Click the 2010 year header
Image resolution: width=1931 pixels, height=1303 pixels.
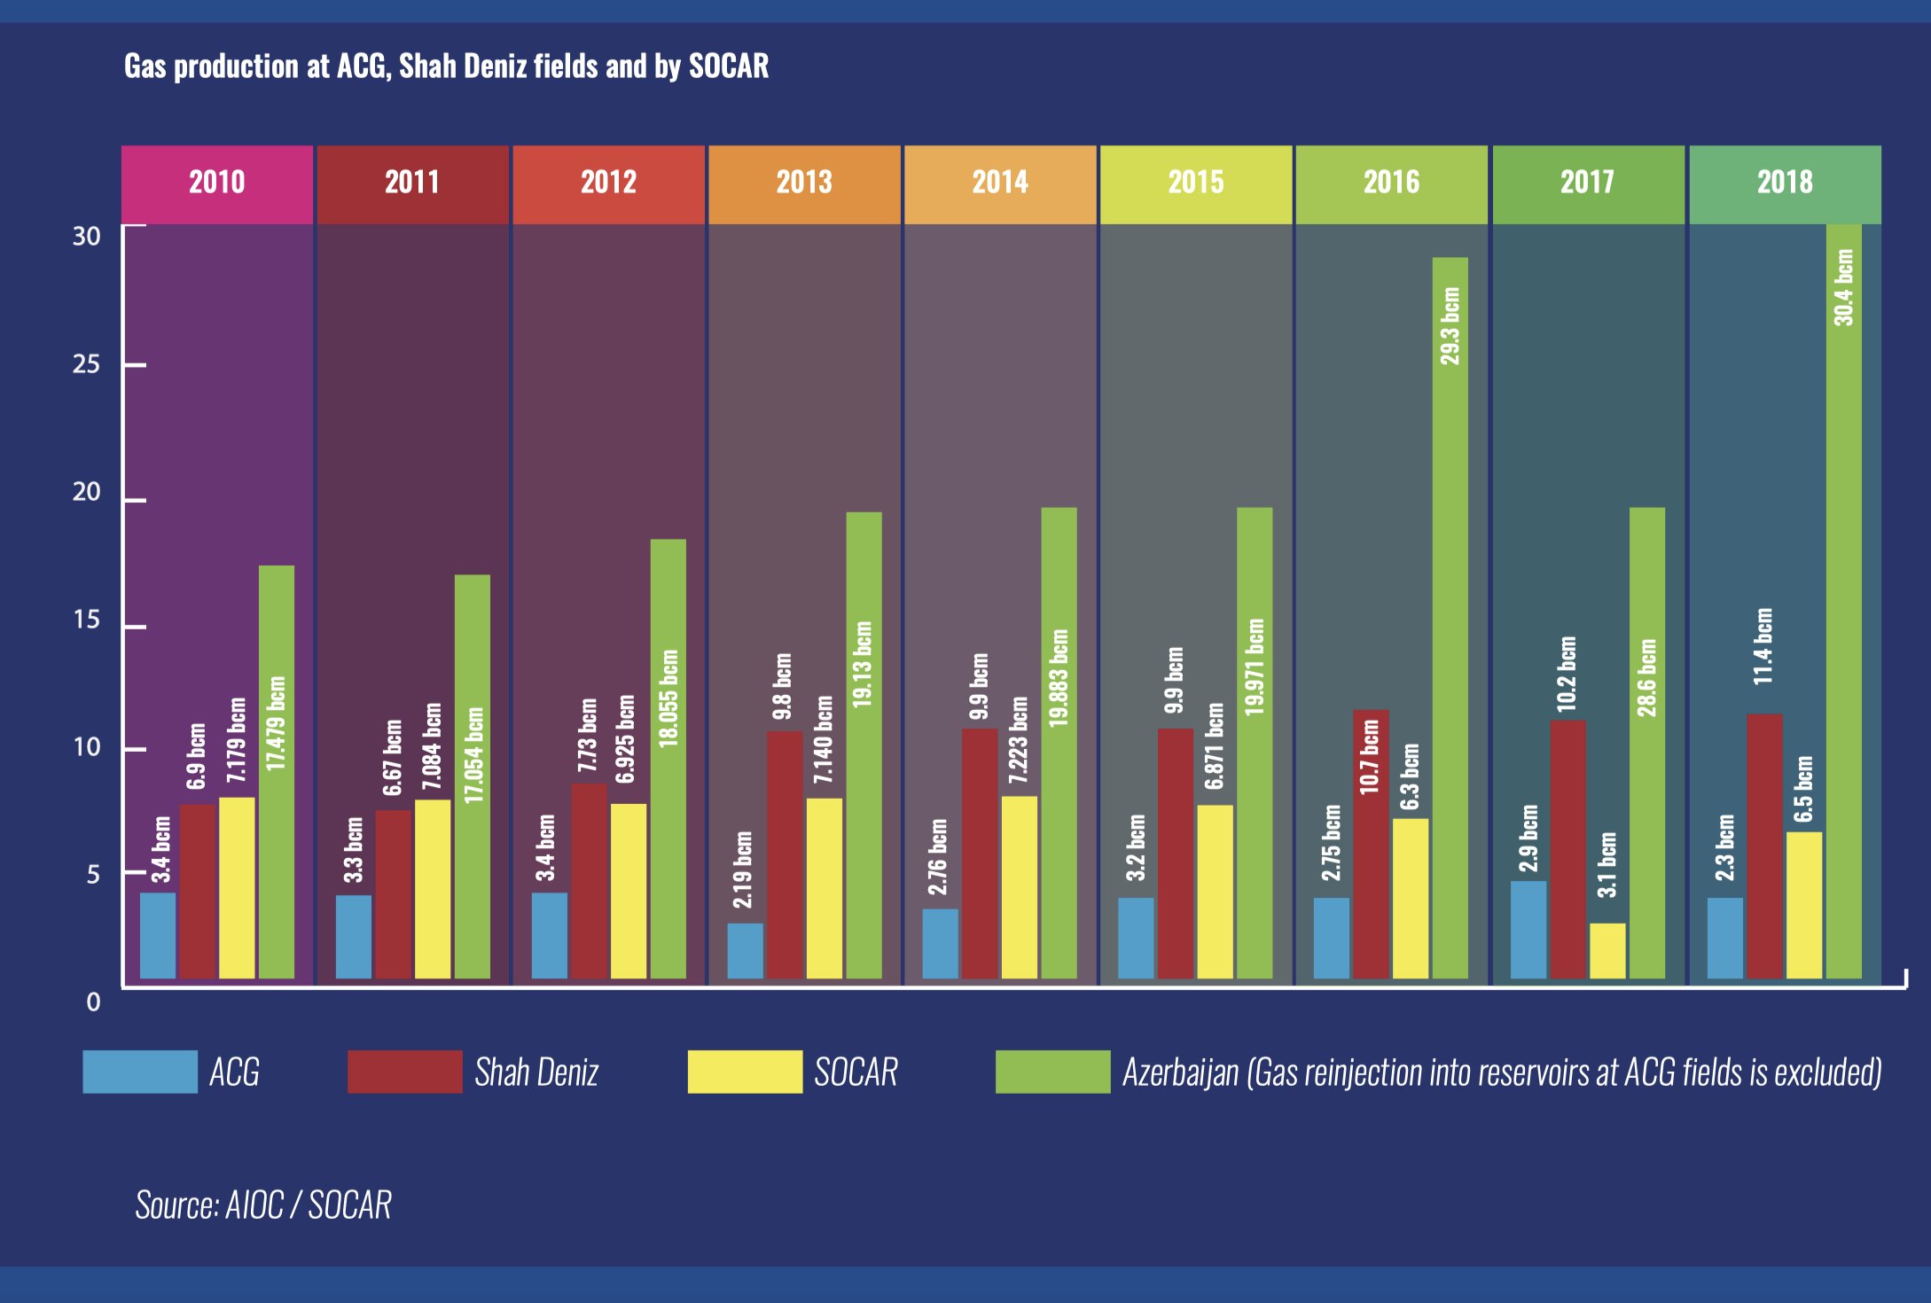coord(217,183)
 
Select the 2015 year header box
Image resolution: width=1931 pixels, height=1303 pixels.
coord(1196,183)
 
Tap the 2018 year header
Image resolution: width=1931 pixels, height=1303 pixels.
coord(1785,183)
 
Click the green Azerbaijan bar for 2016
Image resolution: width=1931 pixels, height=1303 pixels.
coord(1450,620)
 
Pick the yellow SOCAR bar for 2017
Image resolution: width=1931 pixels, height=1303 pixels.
coord(1607,951)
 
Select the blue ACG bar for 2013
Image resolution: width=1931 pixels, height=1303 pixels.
coord(745,951)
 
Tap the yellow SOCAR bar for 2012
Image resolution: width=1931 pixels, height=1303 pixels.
coord(629,891)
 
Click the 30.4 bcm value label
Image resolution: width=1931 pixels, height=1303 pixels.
coord(1844,287)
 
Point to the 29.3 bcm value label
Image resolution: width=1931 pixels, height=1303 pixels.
coord(1450,325)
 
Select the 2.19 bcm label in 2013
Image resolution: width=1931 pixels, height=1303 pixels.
coord(743,870)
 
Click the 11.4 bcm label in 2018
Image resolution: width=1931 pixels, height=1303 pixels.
coord(1764,645)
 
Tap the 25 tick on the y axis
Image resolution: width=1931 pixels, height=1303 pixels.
coord(87,364)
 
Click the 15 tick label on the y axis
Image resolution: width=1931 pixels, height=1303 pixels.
coord(87,620)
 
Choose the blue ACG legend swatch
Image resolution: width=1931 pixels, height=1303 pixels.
coord(140,1072)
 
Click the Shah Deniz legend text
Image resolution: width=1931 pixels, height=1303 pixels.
coord(536,1073)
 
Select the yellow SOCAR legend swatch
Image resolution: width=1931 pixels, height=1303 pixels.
coord(745,1072)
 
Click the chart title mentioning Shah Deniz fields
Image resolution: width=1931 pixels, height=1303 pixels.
coord(446,66)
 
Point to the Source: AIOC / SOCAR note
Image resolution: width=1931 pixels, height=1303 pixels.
coord(263,1205)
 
